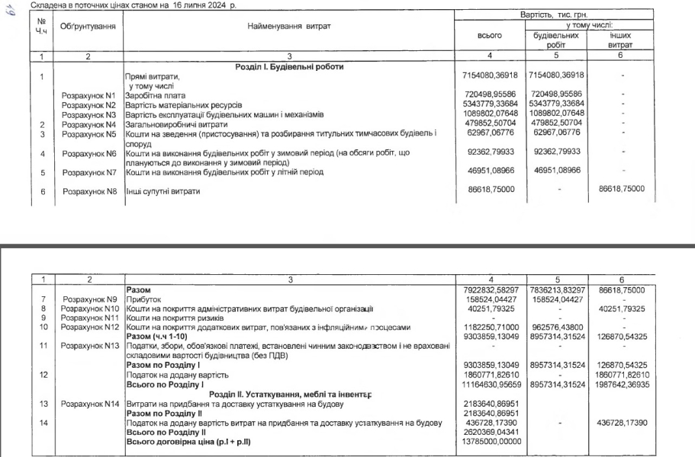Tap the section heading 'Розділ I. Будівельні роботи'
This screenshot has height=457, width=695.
[x=289, y=66]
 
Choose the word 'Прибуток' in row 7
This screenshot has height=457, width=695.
[x=143, y=300]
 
